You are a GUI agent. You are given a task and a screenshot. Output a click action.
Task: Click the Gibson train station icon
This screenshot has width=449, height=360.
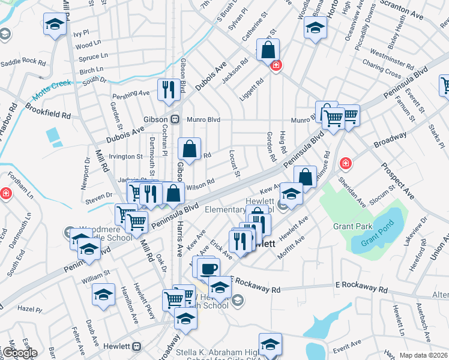click(x=175, y=119)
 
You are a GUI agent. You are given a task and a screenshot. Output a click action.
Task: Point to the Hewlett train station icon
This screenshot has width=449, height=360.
click(x=137, y=346)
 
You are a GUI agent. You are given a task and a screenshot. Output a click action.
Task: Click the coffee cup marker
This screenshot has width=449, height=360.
click(x=208, y=268)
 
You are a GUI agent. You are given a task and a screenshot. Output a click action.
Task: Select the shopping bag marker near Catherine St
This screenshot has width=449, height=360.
click(x=268, y=49)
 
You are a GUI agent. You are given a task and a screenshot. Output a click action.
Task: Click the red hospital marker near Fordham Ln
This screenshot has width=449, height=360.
click(x=5, y=193)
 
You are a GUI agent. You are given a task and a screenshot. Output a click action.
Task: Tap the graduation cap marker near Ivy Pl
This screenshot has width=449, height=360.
click(x=55, y=25)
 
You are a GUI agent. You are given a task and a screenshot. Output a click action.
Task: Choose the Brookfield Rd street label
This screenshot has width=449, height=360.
click(x=48, y=110)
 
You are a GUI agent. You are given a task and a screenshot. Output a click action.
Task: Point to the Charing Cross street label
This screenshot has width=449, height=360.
click(x=382, y=69)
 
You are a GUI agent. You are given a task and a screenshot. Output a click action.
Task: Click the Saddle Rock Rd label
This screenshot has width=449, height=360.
click(x=23, y=62)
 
